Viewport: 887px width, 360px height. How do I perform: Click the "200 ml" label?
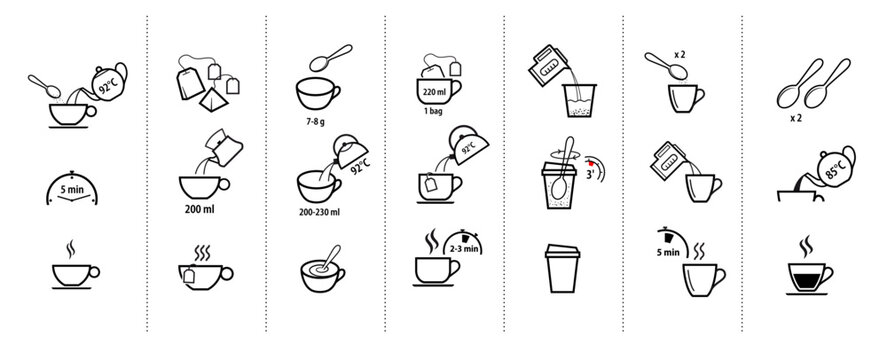203,212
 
